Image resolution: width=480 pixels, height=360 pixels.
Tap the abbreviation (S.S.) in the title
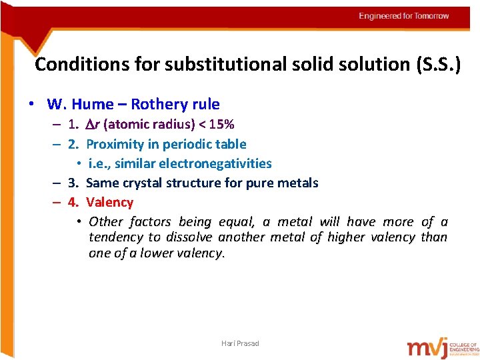436,65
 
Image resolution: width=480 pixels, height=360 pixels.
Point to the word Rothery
159,105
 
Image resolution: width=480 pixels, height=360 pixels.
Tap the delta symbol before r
91,125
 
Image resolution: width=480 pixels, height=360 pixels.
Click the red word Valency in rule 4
110,202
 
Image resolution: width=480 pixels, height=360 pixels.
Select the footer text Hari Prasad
240,343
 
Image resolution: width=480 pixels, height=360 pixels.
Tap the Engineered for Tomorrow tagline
403,16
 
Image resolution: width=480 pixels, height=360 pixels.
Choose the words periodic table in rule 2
213,144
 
